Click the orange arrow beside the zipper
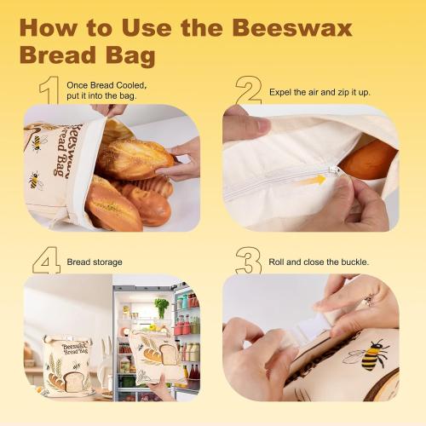point(312,180)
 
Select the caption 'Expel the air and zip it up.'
point(320,89)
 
